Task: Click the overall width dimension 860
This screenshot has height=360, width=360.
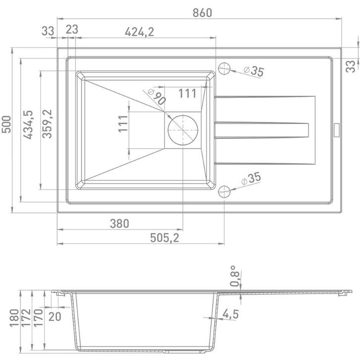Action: pyautogui.click(x=202, y=12)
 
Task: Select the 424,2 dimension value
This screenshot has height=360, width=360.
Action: pyautogui.click(x=139, y=32)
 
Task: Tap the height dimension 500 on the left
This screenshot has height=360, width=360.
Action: pyautogui.click(x=6, y=124)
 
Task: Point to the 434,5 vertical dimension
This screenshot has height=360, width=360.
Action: pyautogui.click(x=28, y=124)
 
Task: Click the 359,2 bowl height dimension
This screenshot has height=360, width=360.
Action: pyautogui.click(x=47, y=124)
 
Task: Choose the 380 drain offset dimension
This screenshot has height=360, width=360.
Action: pyautogui.click(x=120, y=224)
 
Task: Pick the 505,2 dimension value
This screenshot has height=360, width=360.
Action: pyautogui.click(x=165, y=238)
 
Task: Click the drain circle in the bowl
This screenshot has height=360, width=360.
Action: pyautogui.click(x=183, y=130)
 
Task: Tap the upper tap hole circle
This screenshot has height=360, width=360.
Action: pyautogui.click(x=224, y=68)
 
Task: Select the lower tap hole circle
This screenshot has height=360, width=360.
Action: pyautogui.click(x=224, y=192)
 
